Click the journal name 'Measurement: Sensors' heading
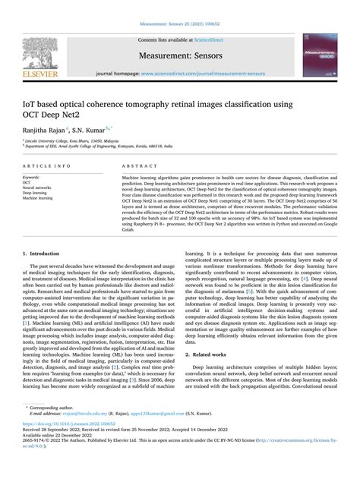[179, 55]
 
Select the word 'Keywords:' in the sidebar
[33, 177]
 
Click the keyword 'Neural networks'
[37, 188]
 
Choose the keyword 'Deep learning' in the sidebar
[35, 193]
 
